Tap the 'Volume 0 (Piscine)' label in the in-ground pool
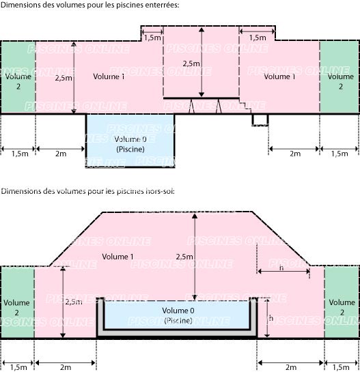(x=130, y=144)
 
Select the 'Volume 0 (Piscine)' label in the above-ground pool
(x=178, y=315)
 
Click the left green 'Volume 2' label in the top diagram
(x=18, y=81)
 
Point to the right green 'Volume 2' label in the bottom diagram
(x=342, y=307)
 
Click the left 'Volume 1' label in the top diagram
(x=109, y=76)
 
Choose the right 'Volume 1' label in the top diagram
(x=279, y=76)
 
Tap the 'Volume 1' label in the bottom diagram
(x=117, y=257)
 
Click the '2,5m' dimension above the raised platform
(x=191, y=63)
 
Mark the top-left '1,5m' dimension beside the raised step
(x=152, y=38)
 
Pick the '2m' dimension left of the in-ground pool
(x=61, y=154)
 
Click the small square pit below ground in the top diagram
(x=260, y=120)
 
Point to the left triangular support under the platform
(x=192, y=106)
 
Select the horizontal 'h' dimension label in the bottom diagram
(x=281, y=268)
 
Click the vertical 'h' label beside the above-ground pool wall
(x=271, y=318)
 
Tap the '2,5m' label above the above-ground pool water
(x=184, y=257)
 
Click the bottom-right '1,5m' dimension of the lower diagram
(x=341, y=367)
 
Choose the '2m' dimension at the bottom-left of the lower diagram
(x=66, y=367)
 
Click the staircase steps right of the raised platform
(x=245, y=106)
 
